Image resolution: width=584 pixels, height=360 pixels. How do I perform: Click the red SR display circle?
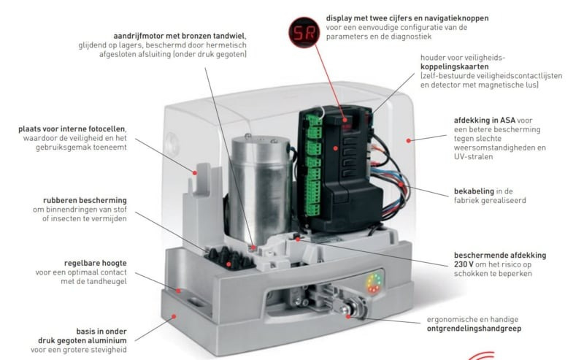pyautogui.click(x=304, y=32)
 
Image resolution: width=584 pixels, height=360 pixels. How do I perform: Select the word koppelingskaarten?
pyautogui.click(x=454, y=66)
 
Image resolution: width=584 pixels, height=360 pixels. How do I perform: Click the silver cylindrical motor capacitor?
pyautogui.click(x=261, y=186)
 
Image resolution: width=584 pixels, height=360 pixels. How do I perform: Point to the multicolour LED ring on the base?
pyautogui.click(x=374, y=283)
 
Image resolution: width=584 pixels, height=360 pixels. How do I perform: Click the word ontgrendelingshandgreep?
pyautogui.click(x=474, y=329)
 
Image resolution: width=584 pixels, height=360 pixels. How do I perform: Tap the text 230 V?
pyautogui.click(x=464, y=264)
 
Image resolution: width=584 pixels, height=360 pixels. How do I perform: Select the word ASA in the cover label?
pyautogui.click(x=507, y=120)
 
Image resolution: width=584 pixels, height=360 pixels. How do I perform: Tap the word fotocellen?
pyautogui.click(x=107, y=129)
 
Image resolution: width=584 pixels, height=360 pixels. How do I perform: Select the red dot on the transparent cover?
pyautogui.click(x=409, y=140)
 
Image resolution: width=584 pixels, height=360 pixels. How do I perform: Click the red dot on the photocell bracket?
pyautogui.click(x=194, y=172)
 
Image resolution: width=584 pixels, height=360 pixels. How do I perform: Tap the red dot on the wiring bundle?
pyautogui.click(x=401, y=185)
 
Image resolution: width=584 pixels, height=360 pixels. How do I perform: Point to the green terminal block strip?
pyautogui.click(x=313, y=166)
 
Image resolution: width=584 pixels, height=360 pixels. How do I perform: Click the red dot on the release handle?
pyautogui.click(x=348, y=316)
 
